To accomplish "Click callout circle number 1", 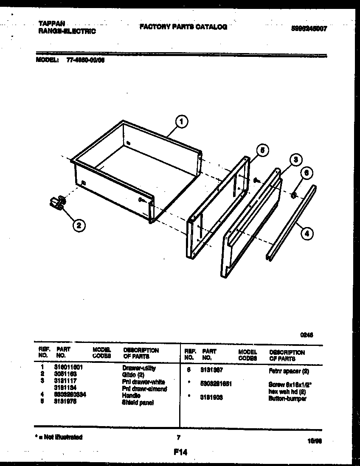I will (182, 122).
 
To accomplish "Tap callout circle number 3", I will (296, 160).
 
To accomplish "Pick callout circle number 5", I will (262, 150).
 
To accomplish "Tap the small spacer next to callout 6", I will (293, 195).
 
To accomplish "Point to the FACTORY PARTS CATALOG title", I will (183, 27).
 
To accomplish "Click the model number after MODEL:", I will (85, 60).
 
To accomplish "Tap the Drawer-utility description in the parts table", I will (139, 368).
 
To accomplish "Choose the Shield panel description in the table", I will (138, 402).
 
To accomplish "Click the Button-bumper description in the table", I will (287, 399).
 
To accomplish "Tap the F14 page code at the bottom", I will (180, 452).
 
